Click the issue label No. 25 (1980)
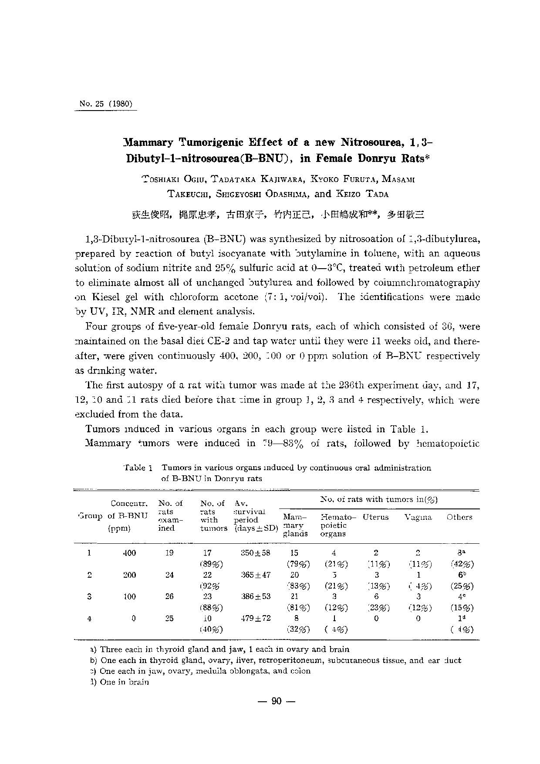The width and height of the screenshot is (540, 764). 106,104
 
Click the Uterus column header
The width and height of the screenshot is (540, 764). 375,517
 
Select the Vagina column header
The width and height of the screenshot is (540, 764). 418,517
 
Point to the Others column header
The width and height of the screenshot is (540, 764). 459,517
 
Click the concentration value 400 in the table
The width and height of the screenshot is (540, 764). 129,553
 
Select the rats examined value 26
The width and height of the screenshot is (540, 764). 169,596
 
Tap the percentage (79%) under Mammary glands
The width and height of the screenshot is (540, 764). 298,564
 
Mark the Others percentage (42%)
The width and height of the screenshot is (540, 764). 462,564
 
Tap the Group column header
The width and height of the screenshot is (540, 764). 90,517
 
